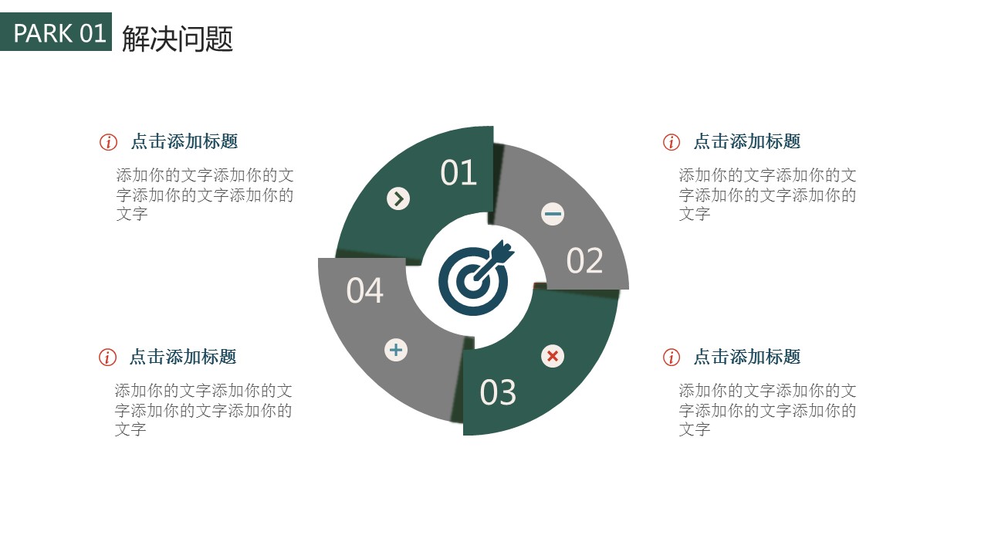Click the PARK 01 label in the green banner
59,33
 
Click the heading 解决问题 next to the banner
178,39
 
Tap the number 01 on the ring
458,172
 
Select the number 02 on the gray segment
584,260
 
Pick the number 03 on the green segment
498,392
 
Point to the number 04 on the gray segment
365,290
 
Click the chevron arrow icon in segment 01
398,198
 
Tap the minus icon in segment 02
553,214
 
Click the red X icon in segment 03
553,356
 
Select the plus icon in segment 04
396,350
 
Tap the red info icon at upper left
108,142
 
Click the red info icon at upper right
672,142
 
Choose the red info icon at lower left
107,358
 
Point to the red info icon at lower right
672,358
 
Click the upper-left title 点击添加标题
184,141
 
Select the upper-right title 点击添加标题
747,141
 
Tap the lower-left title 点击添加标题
183,357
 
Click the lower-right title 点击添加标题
747,357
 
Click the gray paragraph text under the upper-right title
767,194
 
